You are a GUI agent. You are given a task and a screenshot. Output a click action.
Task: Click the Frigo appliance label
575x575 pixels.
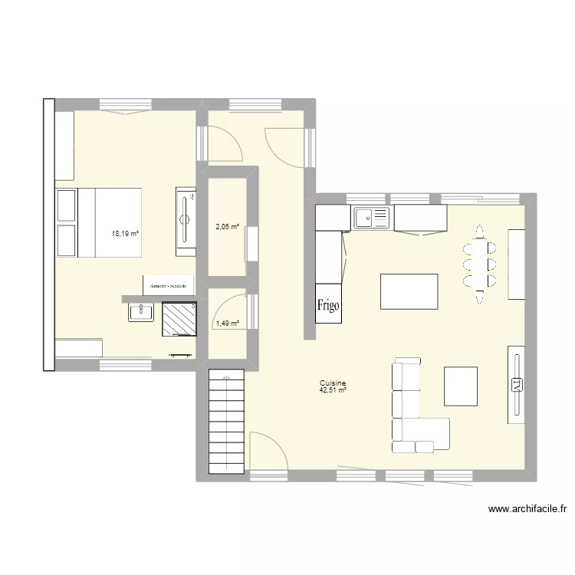tap(328, 304)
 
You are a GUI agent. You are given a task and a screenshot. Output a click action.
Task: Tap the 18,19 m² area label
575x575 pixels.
tap(126, 233)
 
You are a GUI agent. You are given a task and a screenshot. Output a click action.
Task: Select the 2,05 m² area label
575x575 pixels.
tap(227, 226)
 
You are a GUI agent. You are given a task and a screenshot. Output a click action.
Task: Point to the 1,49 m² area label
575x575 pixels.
tap(227, 323)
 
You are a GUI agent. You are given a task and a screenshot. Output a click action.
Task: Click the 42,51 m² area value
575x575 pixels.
tap(334, 390)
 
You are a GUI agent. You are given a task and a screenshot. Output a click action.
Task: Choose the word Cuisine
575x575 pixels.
tap(334, 383)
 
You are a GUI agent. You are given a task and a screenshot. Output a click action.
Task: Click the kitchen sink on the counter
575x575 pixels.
tap(371, 218)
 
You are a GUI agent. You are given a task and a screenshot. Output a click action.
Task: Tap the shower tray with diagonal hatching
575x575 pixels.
tap(182, 319)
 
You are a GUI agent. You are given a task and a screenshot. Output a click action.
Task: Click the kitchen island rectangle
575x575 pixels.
tap(409, 291)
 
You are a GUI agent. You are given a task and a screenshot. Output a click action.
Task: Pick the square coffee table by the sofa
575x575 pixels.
tap(461, 386)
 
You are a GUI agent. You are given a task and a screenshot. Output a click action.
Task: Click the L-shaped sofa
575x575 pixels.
tap(414, 406)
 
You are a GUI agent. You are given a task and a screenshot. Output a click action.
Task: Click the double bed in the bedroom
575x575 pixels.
tap(100, 222)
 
